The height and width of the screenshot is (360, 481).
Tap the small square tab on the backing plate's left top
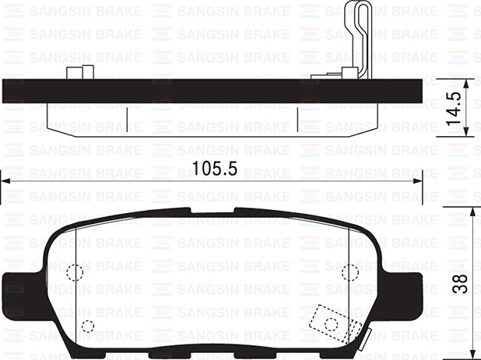click(75, 74)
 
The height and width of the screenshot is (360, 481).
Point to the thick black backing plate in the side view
click(210, 91)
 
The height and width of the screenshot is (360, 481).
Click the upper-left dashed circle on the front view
click(75, 273)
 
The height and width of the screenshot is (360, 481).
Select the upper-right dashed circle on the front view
click(349, 272)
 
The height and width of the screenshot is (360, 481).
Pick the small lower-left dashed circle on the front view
click(87, 326)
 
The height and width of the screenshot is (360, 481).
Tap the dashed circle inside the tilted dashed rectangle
click(332, 323)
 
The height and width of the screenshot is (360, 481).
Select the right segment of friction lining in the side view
click(337, 117)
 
